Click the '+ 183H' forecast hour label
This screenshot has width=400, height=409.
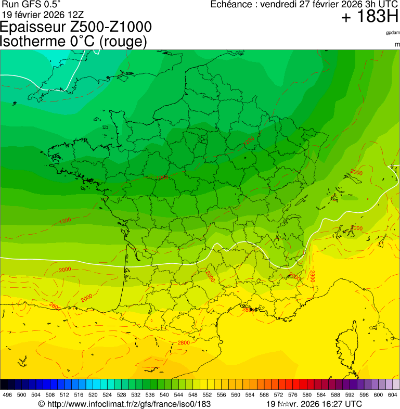[370, 17]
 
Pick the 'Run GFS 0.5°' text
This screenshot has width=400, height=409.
[31, 4]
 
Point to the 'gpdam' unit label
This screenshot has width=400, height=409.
[393, 33]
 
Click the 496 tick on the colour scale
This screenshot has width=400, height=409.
[7, 395]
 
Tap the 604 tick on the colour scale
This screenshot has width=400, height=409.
[393, 395]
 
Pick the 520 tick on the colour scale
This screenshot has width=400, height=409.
[93, 395]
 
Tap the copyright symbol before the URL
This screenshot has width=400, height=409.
[42, 404]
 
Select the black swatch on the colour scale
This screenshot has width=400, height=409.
[4, 385]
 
